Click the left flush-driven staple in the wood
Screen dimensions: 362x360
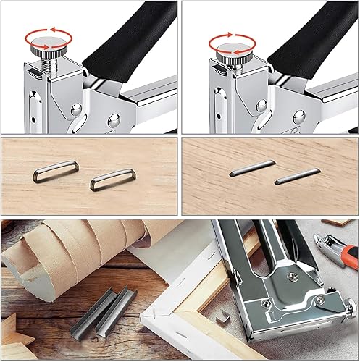[x=243, y=171]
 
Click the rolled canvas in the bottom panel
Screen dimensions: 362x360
[x=65, y=247]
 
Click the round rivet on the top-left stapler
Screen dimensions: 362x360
[x=76, y=110]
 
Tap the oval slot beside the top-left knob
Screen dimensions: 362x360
[x=33, y=73]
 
